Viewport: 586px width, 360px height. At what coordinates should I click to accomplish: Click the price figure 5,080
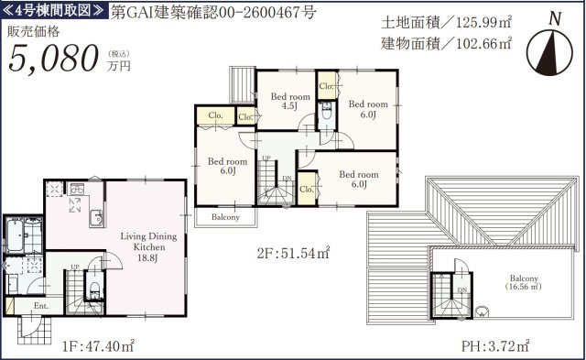tap(53, 58)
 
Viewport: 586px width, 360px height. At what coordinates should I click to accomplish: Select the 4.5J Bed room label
tap(290, 101)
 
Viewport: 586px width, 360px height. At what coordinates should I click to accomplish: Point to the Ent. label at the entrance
tap(41, 306)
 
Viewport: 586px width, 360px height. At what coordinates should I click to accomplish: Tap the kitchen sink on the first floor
tap(96, 218)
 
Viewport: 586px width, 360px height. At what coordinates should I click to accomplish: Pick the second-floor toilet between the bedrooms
tap(327, 111)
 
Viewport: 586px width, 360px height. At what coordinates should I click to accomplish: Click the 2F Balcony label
tap(225, 217)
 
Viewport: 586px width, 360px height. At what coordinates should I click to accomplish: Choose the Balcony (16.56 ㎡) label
tap(524, 283)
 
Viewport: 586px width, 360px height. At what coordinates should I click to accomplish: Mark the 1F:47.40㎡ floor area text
tap(98, 346)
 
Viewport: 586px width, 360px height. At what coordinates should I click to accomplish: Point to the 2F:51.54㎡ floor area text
tap(293, 254)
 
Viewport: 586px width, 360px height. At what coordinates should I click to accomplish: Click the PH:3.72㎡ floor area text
tap(495, 345)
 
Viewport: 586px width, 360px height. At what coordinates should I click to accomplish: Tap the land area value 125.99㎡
tap(483, 23)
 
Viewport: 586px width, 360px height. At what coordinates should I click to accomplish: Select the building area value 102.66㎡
tap(483, 44)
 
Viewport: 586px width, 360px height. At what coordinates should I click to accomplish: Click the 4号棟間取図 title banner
tap(53, 10)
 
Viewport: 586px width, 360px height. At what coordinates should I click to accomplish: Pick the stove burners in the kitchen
tap(77, 190)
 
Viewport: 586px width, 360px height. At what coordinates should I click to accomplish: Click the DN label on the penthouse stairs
tap(462, 290)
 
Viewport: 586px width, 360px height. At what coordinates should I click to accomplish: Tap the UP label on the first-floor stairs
tap(75, 267)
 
